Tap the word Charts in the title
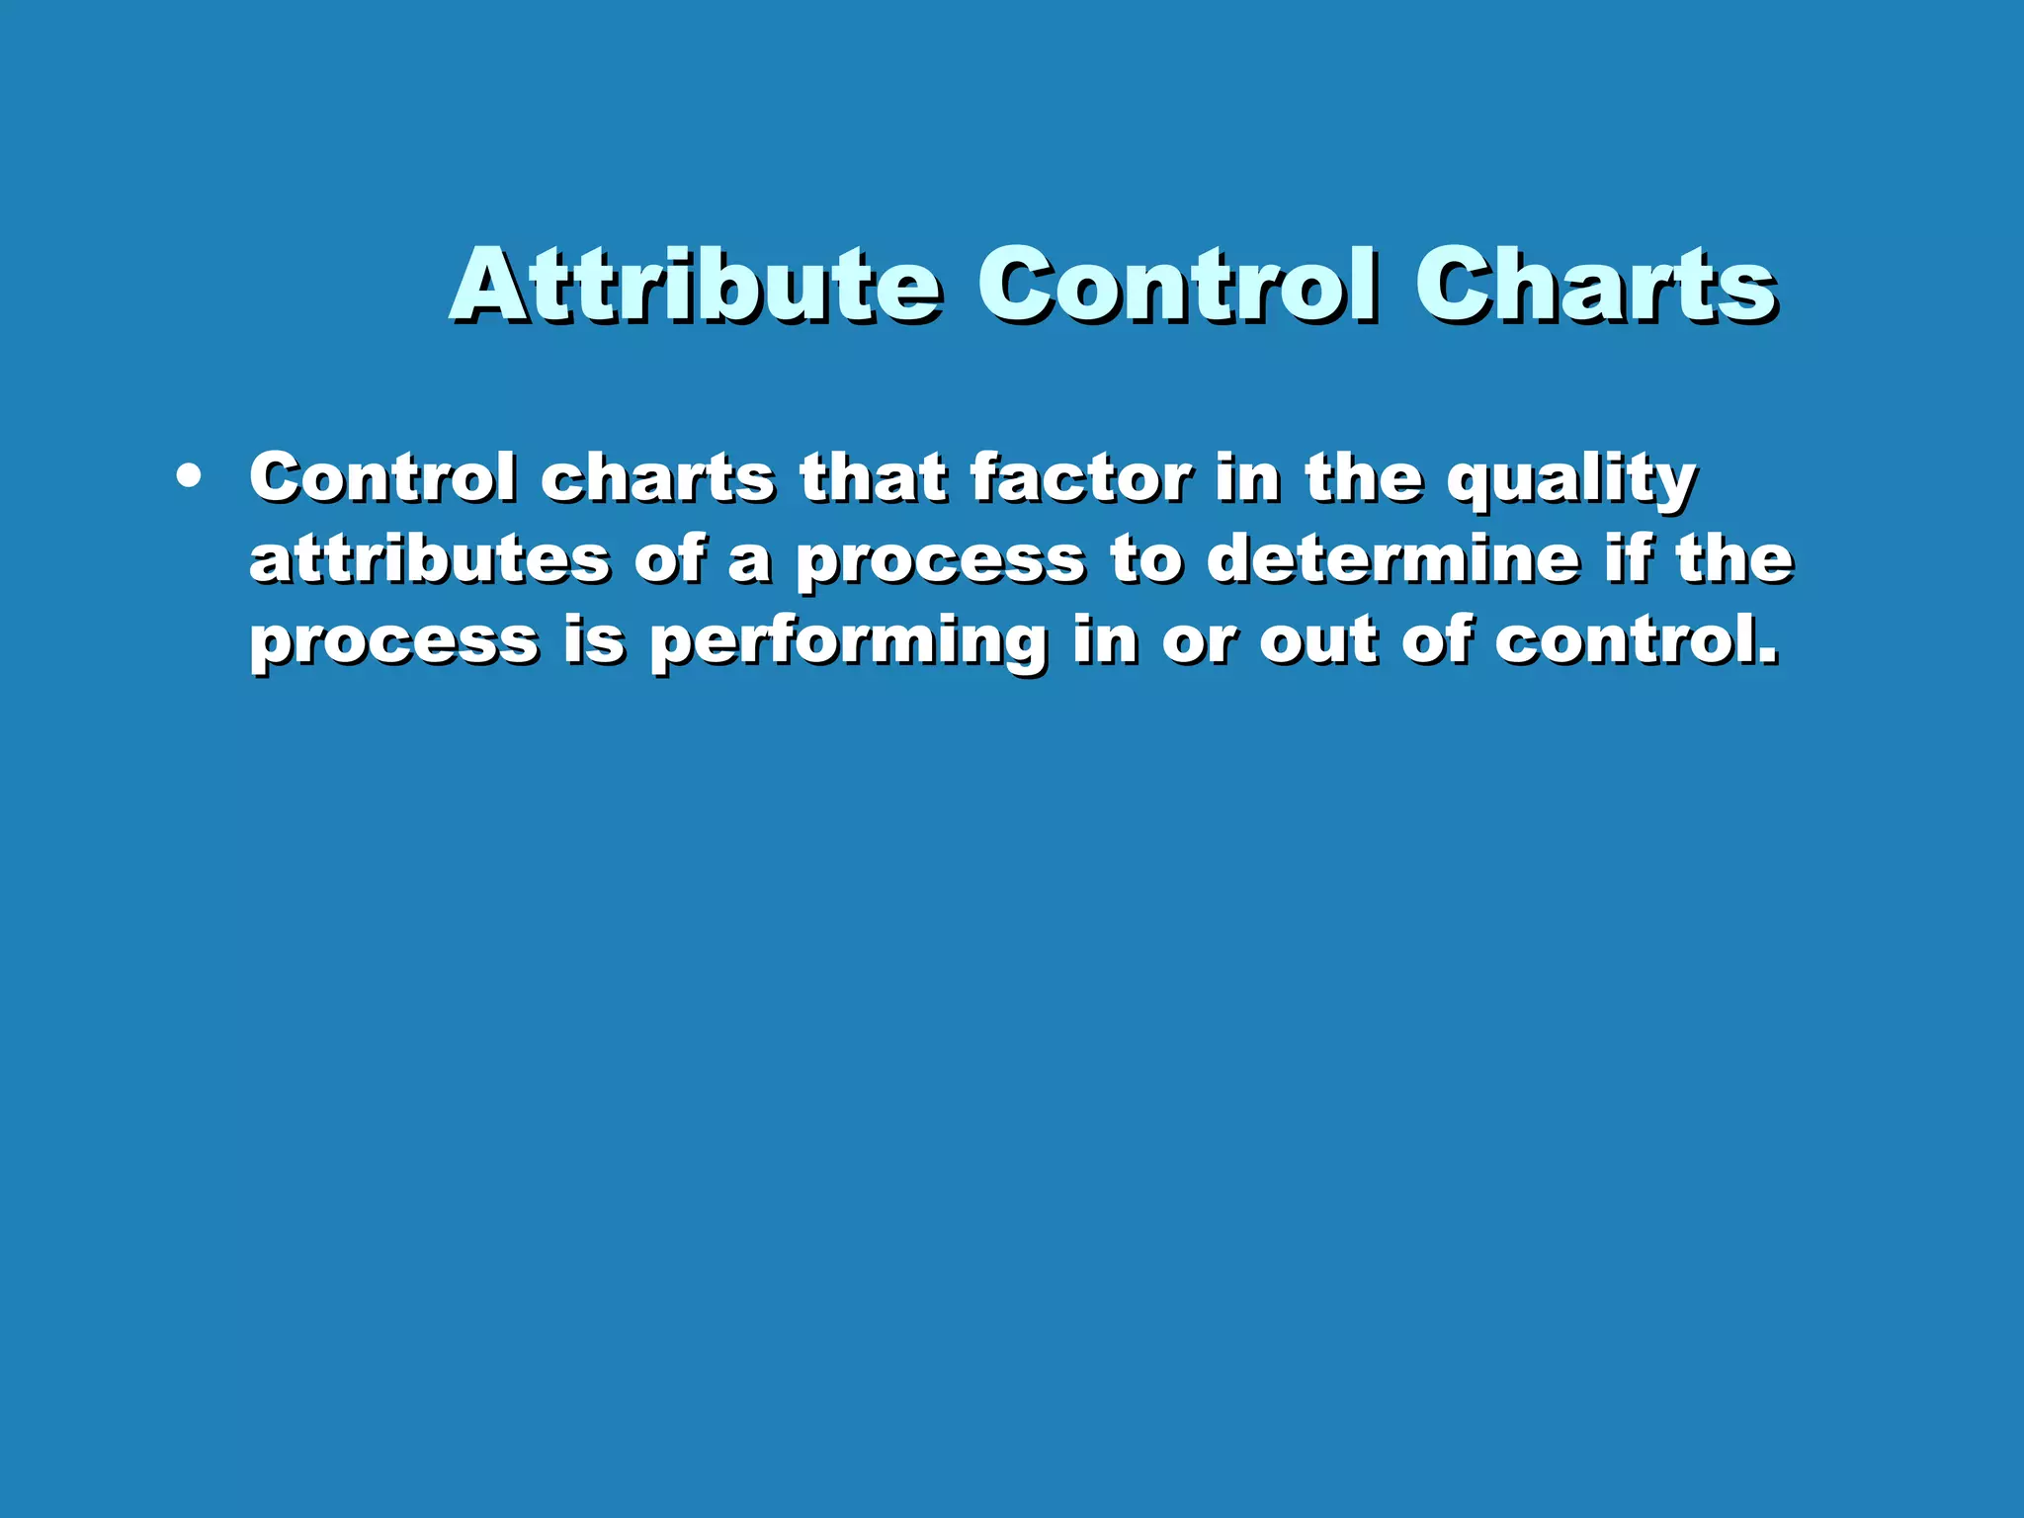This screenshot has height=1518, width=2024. pyautogui.click(x=1596, y=286)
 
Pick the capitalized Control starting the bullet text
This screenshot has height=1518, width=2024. pyautogui.click(x=382, y=478)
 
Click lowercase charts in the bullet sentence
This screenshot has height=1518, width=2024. pyautogui.click(x=657, y=478)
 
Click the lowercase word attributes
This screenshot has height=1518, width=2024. pyautogui.click(x=430, y=560)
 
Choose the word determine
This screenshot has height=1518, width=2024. pyautogui.click(x=1393, y=559)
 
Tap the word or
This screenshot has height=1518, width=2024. pyautogui.click(x=1199, y=642)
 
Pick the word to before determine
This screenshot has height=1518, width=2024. pyautogui.click(x=1145, y=561)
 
